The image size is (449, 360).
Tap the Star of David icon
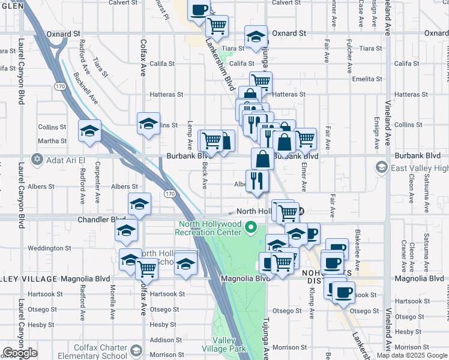(x=38, y=159)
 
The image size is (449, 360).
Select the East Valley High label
(x=420, y=169)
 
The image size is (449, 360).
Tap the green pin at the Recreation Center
(x=252, y=228)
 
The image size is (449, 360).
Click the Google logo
(x=19, y=353)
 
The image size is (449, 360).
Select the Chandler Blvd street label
(x=101, y=220)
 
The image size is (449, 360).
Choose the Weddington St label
(x=50, y=248)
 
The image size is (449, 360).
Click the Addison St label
(x=161, y=340)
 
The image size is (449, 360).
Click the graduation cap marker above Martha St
(x=89, y=130)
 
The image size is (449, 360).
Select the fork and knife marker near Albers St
(x=258, y=180)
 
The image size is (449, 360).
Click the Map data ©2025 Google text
(x=412, y=356)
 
